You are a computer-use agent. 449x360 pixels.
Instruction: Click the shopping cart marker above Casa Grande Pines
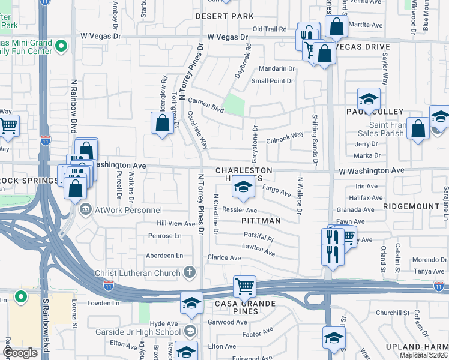[244, 286]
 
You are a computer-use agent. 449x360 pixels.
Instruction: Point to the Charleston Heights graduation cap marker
[243, 189]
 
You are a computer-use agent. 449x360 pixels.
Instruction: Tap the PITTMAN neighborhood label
[261, 221]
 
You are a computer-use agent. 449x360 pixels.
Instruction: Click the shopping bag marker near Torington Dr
[163, 124]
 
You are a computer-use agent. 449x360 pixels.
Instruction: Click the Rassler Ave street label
[240, 211]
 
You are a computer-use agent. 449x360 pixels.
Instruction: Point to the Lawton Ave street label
[258, 249]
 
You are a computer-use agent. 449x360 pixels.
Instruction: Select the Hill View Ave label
[176, 223]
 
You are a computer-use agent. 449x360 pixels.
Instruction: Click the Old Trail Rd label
[270, 29]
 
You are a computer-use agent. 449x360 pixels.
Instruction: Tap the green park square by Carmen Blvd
[234, 104]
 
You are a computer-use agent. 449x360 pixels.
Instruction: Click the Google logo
[20, 353]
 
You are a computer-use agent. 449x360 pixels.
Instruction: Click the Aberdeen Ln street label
[164, 255]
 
